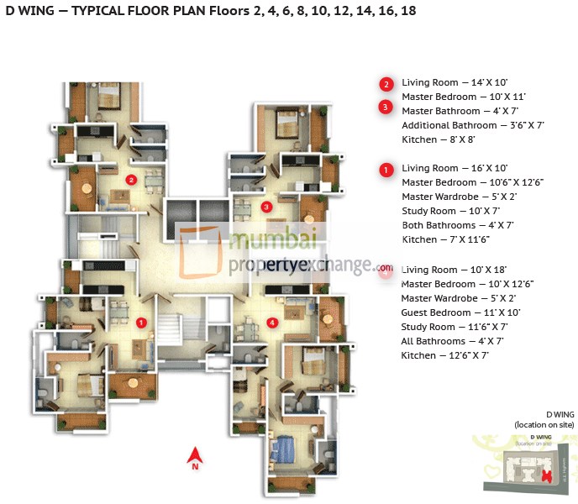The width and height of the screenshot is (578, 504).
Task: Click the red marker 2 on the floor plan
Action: click(x=131, y=179)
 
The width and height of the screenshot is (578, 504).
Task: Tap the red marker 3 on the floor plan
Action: click(x=266, y=207)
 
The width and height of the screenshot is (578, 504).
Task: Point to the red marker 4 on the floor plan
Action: click(x=271, y=322)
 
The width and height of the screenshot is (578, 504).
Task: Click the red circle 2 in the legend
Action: click(x=386, y=84)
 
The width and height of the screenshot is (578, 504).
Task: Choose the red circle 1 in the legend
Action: click(x=386, y=170)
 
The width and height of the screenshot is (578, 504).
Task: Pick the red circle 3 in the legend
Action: click(x=386, y=107)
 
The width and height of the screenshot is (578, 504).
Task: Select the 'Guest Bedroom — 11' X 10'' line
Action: click(x=460, y=312)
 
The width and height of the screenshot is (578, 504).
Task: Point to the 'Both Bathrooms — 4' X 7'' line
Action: click(x=457, y=226)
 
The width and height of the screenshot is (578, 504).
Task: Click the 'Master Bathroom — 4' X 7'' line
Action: click(x=460, y=111)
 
